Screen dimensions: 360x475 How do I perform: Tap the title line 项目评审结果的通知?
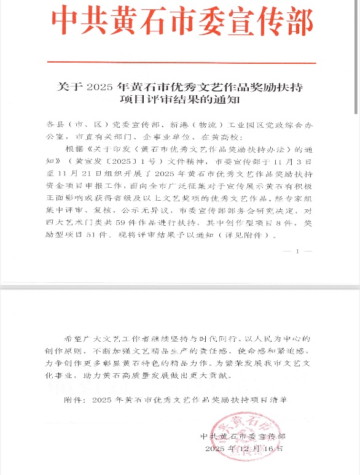point(180,98)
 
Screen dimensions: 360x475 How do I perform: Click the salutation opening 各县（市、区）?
point(72,122)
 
